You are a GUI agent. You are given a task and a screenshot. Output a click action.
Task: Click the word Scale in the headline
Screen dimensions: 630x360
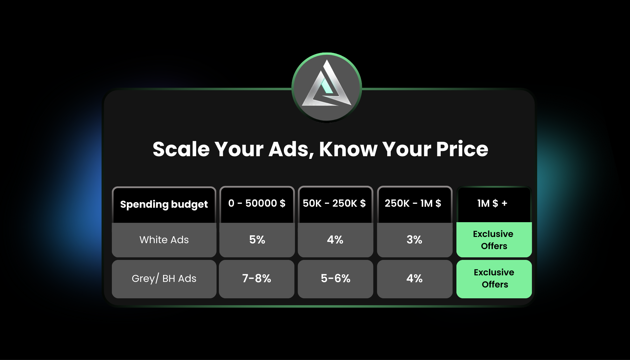pos(181,149)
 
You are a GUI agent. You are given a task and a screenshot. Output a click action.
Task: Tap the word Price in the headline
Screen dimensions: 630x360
pos(462,149)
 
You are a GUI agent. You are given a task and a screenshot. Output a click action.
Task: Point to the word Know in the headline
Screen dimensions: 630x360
pos(348,149)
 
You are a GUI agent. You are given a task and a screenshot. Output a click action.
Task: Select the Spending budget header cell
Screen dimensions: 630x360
pos(164,205)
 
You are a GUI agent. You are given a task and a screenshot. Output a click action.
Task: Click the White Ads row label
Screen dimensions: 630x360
pos(164,240)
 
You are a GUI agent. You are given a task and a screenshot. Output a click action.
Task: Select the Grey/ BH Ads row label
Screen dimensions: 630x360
pos(164,279)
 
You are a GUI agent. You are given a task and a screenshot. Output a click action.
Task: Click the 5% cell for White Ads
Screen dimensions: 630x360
pos(257,240)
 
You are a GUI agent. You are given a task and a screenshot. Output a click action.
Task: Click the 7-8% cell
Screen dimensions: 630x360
pos(257,279)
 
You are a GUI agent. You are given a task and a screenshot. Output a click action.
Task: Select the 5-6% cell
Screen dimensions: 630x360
pos(335,279)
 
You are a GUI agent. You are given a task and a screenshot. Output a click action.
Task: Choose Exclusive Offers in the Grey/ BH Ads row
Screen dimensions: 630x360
pos(494,279)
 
